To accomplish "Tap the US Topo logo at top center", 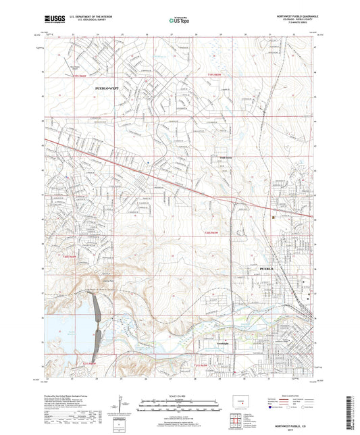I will [178, 21].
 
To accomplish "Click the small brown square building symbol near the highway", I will [274, 217].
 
